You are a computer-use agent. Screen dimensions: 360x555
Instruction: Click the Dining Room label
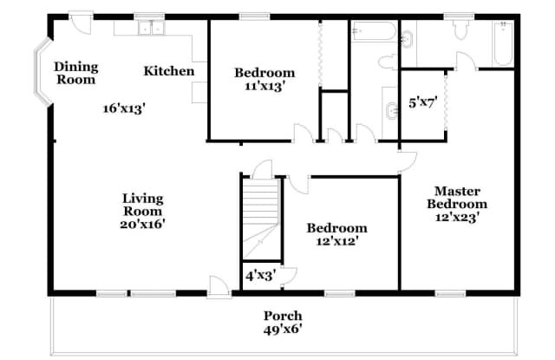pos(76,73)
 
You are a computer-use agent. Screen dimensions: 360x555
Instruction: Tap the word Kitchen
pos(169,71)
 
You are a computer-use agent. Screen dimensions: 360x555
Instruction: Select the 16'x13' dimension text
pos(123,109)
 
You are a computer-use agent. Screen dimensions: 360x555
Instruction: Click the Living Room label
pos(142,205)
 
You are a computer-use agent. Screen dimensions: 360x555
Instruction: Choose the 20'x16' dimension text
pos(143,224)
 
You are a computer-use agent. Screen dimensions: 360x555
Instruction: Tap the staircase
pos(261,217)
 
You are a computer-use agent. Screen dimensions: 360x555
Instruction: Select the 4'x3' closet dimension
pos(260,278)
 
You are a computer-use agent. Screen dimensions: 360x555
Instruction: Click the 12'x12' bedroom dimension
pos(337,243)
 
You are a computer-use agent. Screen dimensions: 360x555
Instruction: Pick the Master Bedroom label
pos(457,198)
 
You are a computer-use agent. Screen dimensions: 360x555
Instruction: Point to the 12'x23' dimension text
pos(457,219)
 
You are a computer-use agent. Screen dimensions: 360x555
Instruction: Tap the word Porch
pos(284,316)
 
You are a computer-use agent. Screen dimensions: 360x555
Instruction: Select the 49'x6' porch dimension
pos(284,330)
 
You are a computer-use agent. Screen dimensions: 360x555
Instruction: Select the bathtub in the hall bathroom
pos(374,32)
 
